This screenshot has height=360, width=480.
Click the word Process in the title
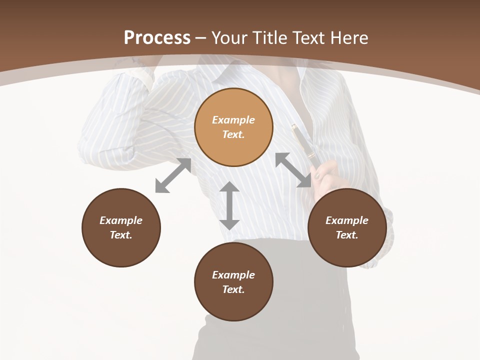coord(157,38)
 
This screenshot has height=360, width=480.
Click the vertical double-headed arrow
coord(229,205)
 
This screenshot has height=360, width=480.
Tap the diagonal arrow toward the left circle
coord(173,175)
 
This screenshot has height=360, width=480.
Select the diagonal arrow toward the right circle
coord(293,170)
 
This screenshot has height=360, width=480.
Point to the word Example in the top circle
coord(233,120)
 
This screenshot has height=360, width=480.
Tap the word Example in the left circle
coord(121,220)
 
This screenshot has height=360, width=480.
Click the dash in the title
coord(200,38)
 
